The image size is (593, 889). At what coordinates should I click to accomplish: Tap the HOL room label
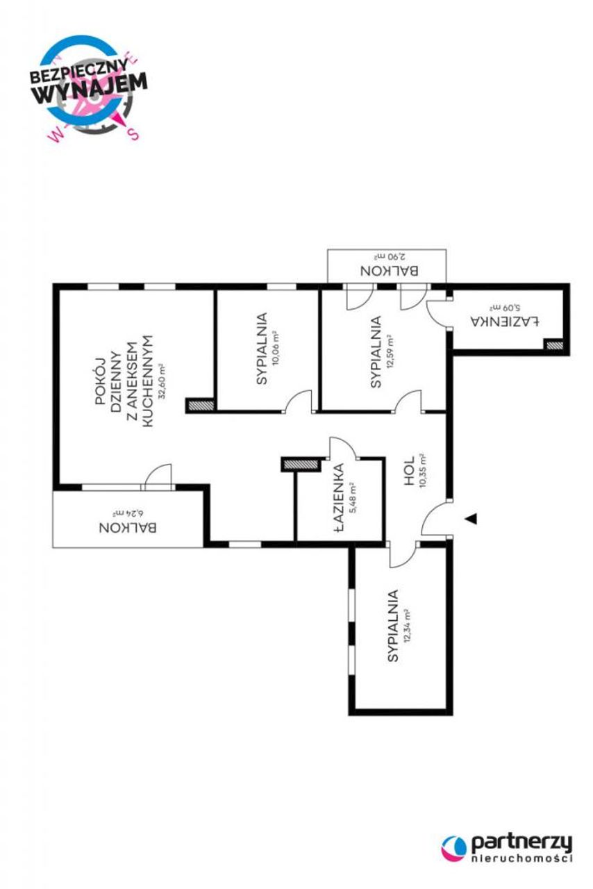tap(409, 470)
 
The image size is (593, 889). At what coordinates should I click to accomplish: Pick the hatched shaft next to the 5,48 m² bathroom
tap(301, 464)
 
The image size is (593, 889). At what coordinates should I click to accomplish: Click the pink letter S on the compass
tap(134, 134)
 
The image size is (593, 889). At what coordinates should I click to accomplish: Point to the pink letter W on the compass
tap(55, 135)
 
